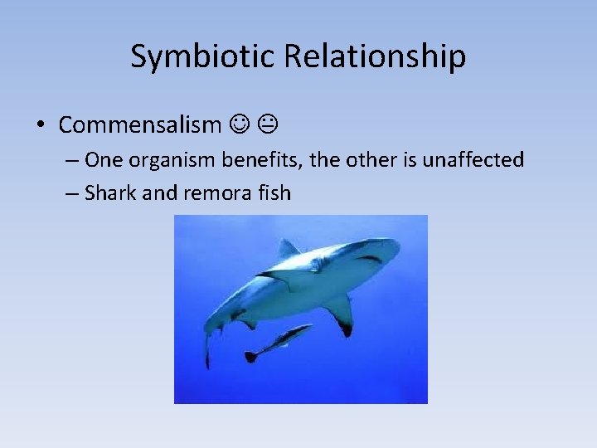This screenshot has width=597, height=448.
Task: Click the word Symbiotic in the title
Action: (x=204, y=56)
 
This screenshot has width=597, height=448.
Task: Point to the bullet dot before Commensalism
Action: (x=40, y=126)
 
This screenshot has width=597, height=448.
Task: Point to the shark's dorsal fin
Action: (x=287, y=248)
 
